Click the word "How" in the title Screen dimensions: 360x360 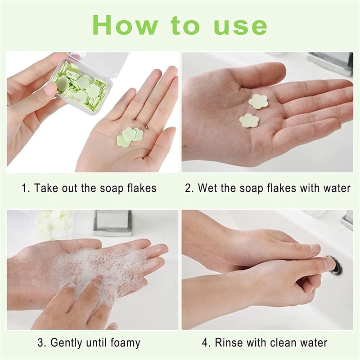(x=126, y=25)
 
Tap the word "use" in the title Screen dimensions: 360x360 (x=240, y=27)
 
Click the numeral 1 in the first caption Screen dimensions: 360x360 (x=25, y=188)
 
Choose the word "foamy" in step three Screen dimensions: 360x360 (x=125, y=343)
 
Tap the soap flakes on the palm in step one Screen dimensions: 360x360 (x=130, y=137)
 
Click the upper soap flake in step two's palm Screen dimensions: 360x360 (x=258, y=101)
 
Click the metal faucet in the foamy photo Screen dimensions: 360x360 (x=113, y=223)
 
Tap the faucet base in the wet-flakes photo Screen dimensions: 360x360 (x=331, y=63)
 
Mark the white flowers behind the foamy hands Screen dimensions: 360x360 (x=54, y=224)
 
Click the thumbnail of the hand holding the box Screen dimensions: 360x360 (x=49, y=89)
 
